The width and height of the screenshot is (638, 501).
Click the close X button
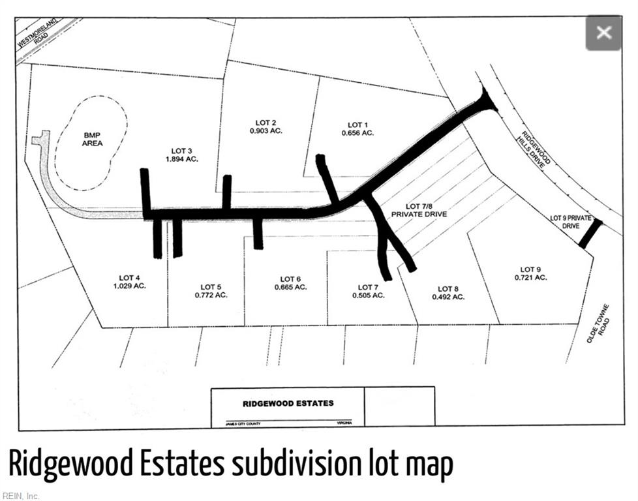click(x=603, y=33)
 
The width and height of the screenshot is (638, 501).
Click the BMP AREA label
click(x=92, y=139)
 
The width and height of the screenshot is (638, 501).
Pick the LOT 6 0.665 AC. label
click(x=290, y=283)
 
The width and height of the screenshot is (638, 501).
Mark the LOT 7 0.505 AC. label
click(x=369, y=291)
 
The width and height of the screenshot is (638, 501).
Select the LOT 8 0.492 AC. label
click(x=448, y=293)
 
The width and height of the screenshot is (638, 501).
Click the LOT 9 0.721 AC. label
click(x=530, y=273)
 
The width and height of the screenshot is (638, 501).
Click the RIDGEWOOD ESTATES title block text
click(x=288, y=403)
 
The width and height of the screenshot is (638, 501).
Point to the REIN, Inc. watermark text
click(x=20, y=496)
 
